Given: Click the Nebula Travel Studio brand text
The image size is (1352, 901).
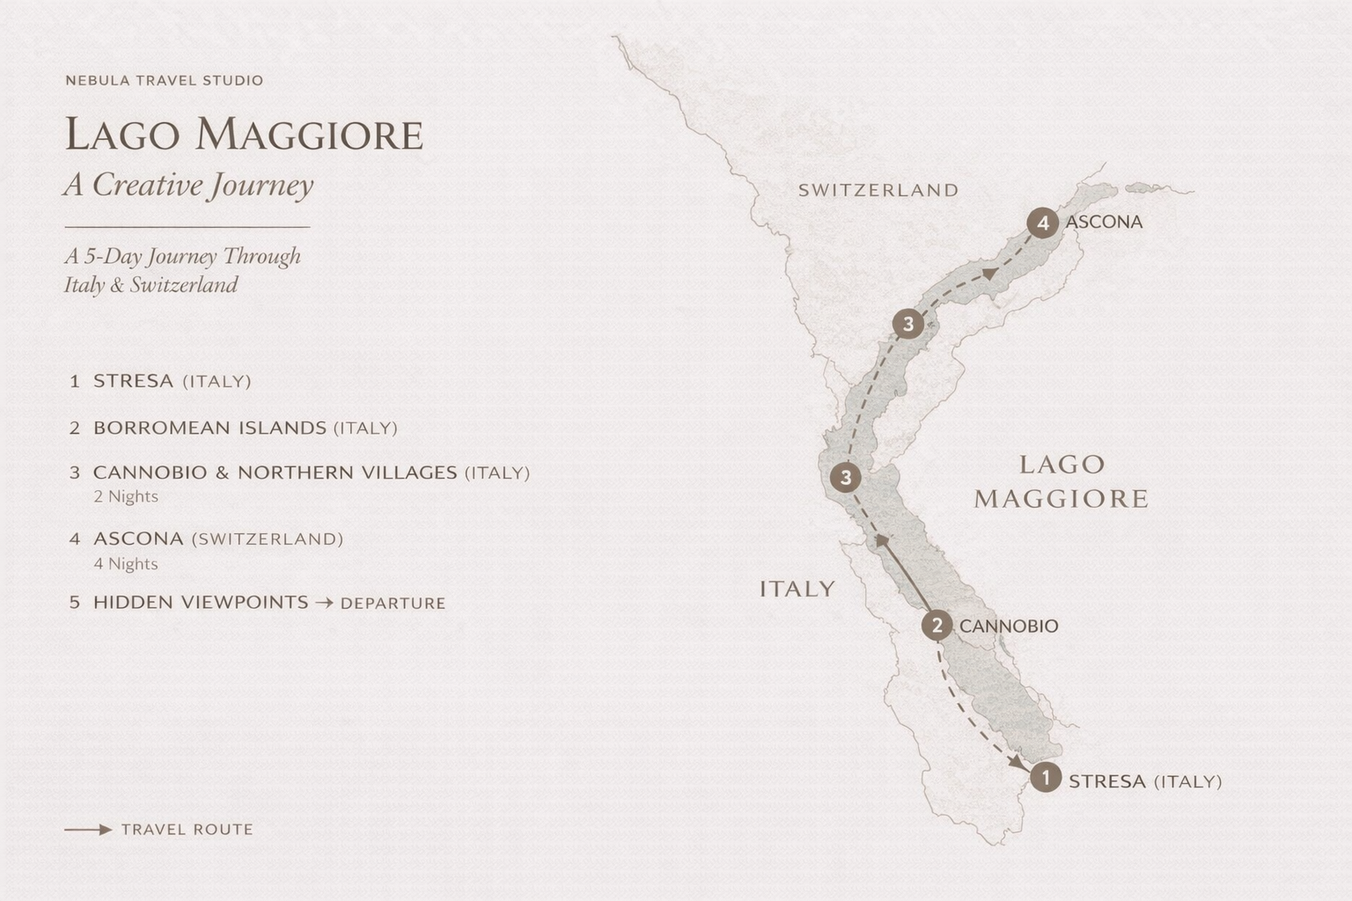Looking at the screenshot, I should point(165,80).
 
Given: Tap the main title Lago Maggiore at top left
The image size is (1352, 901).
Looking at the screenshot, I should point(244,135).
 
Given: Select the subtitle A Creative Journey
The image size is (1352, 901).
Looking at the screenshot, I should point(188,185).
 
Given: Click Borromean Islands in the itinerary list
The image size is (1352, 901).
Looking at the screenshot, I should point(209,428).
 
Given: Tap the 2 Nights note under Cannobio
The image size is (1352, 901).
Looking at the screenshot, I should point(126,496).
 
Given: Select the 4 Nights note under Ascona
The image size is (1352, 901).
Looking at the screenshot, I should point(126,563).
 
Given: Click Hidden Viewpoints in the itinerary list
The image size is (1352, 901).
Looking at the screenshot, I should point(201,603).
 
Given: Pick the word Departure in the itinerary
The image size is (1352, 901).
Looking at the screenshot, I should point(393,604).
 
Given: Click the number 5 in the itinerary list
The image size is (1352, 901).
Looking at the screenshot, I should point(75,603).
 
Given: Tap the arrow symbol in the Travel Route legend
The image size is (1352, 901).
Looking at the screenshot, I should point(88,830).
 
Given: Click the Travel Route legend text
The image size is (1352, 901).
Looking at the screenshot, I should point(187,830).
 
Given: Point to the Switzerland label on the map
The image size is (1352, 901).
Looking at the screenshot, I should point(878,190).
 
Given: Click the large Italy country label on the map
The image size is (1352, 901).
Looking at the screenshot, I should point(797,589).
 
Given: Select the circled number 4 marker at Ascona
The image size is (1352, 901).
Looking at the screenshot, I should point(1043,223).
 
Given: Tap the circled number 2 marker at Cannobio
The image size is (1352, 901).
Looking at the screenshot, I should point(937,626).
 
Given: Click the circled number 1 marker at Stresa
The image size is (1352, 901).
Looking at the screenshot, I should point(1046,778).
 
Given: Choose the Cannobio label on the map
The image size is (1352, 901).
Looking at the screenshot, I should point(1009,626).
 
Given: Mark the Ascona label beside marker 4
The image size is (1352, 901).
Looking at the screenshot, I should point(1104,222).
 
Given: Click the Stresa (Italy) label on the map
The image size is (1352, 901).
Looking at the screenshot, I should point(1144,781).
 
